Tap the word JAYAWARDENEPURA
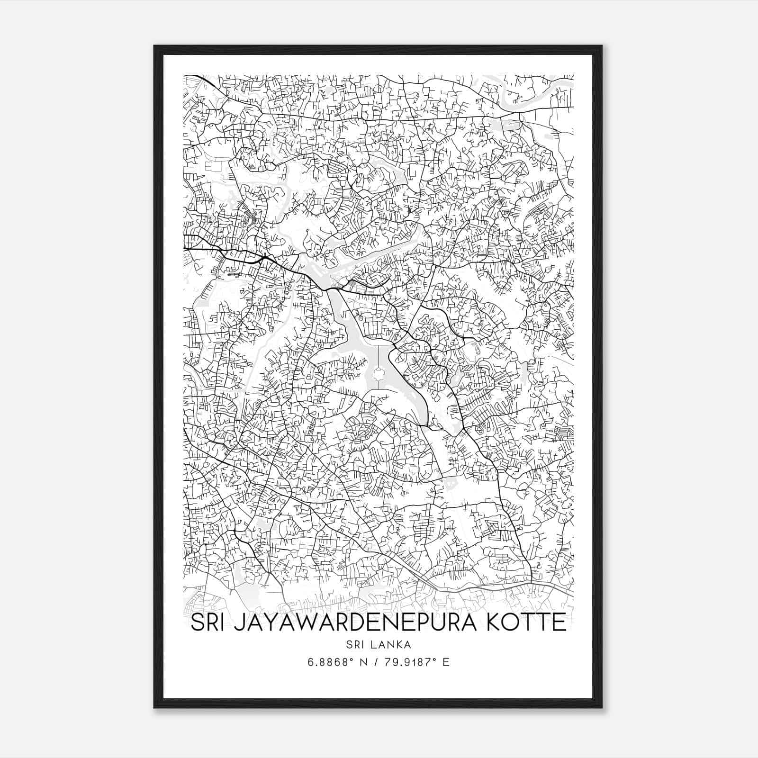[x=347, y=623]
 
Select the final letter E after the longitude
[x=446, y=662]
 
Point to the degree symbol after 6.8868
[x=351, y=659]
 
